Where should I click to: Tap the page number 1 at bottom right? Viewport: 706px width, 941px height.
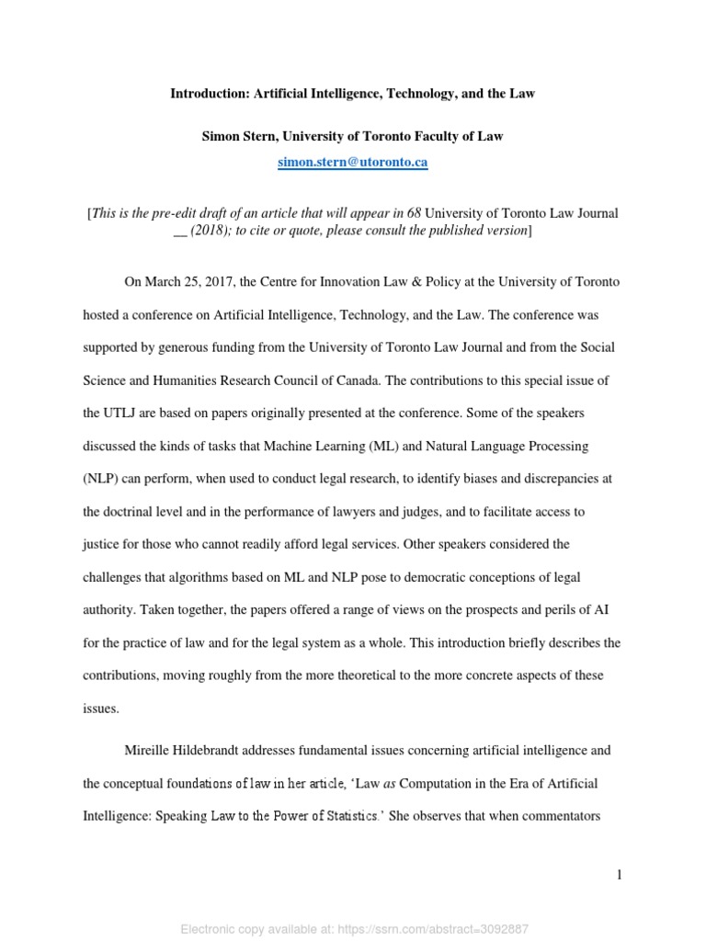pyautogui.click(x=620, y=875)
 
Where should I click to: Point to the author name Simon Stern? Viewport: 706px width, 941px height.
pyautogui.click(x=238, y=136)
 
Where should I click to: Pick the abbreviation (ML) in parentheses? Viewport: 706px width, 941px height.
pyautogui.click(x=386, y=446)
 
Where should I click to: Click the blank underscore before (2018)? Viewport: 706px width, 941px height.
pyautogui.click(x=181, y=230)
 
